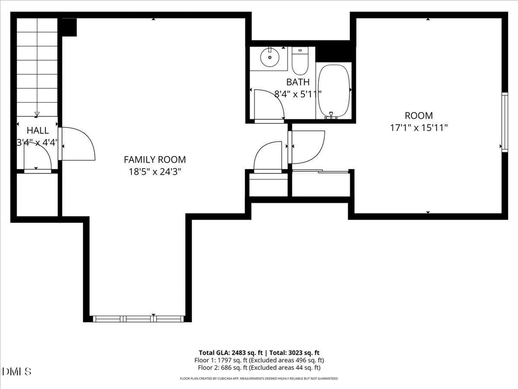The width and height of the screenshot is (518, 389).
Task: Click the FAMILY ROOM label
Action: pyautogui.click(x=155, y=159)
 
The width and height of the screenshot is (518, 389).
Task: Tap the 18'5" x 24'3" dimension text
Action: pyautogui.click(x=155, y=172)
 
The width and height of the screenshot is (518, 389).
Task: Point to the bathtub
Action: pyautogui.click(x=334, y=91)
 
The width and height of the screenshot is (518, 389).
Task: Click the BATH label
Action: pyautogui.click(x=298, y=82)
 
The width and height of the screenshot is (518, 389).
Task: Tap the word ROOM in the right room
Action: pyautogui.click(x=419, y=115)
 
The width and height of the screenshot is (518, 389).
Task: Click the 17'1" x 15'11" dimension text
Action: pyautogui.click(x=419, y=128)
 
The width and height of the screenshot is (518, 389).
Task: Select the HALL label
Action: pyautogui.click(x=38, y=130)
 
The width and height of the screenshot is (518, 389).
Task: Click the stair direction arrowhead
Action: pyautogui.click(x=37, y=114)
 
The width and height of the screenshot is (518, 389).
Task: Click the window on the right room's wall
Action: pyautogui.click(x=505, y=122)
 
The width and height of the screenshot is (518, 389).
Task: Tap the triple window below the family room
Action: pyautogui.click(x=138, y=319)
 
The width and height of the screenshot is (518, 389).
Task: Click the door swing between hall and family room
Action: pyautogui.click(x=78, y=144)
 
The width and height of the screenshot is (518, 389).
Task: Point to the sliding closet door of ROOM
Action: pyautogui.click(x=320, y=171)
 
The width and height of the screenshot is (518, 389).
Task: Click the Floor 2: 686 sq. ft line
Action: pyautogui.click(x=259, y=367)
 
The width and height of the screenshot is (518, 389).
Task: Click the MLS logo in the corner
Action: pyautogui.click(x=17, y=371)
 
